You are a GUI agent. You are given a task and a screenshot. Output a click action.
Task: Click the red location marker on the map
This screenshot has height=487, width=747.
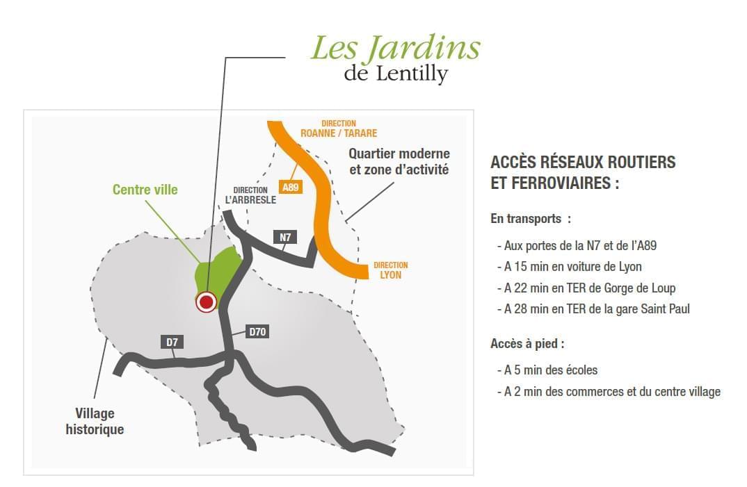pos(206,302)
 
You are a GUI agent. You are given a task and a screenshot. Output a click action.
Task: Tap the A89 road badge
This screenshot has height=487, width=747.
pos(291,186)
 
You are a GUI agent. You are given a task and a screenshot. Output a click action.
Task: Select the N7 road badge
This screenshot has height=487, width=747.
pos(285,238)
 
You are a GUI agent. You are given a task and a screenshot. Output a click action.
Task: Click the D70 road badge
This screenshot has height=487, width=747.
pos(257,332)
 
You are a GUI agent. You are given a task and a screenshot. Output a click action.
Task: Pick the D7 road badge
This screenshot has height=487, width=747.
pos(172,341)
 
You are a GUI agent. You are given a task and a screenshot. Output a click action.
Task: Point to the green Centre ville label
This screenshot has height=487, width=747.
pos(145,190)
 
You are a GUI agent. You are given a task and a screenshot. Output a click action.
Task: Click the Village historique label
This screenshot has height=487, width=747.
pos(95,422)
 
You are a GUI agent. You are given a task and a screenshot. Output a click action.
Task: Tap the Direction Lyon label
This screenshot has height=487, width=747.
pos(391,270)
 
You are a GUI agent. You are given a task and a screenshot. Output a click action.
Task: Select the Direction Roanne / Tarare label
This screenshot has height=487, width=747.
pos(339,129)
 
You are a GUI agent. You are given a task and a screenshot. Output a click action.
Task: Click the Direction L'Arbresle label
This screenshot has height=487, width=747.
pos(250,195)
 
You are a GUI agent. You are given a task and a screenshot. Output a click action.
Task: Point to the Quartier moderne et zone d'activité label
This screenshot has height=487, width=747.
pos(399,161)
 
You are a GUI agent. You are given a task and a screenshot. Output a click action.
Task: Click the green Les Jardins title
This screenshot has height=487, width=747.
pos(394,48)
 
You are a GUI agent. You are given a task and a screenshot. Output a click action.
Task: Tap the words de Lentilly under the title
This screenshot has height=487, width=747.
pos(395,73)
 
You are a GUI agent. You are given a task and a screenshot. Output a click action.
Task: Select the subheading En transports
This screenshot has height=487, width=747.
pos(531,219)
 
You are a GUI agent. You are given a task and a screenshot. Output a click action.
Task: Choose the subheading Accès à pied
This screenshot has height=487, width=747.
pos(527,343)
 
